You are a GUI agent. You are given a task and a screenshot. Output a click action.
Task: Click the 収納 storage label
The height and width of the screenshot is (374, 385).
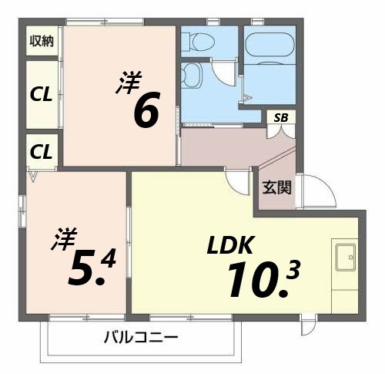pyautogui.click(x=42, y=41)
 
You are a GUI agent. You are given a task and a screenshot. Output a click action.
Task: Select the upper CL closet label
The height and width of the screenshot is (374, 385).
pyautogui.click(x=41, y=94)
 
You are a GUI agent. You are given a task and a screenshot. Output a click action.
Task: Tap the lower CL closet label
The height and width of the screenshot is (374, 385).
pyautogui.click(x=41, y=152)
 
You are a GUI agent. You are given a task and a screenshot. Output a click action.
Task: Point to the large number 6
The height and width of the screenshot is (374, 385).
pyautogui.click(x=146, y=112)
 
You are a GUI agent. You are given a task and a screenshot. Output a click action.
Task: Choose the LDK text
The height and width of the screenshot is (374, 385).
pyautogui.click(x=229, y=245)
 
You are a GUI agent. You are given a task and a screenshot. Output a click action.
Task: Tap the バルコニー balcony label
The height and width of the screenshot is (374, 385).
pyautogui.click(x=141, y=338)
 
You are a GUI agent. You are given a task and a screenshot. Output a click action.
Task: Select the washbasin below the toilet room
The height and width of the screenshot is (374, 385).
pyautogui.click(x=191, y=76)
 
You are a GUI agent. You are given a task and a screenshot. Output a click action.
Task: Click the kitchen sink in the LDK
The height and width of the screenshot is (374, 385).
pyautogui.click(x=344, y=256)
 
